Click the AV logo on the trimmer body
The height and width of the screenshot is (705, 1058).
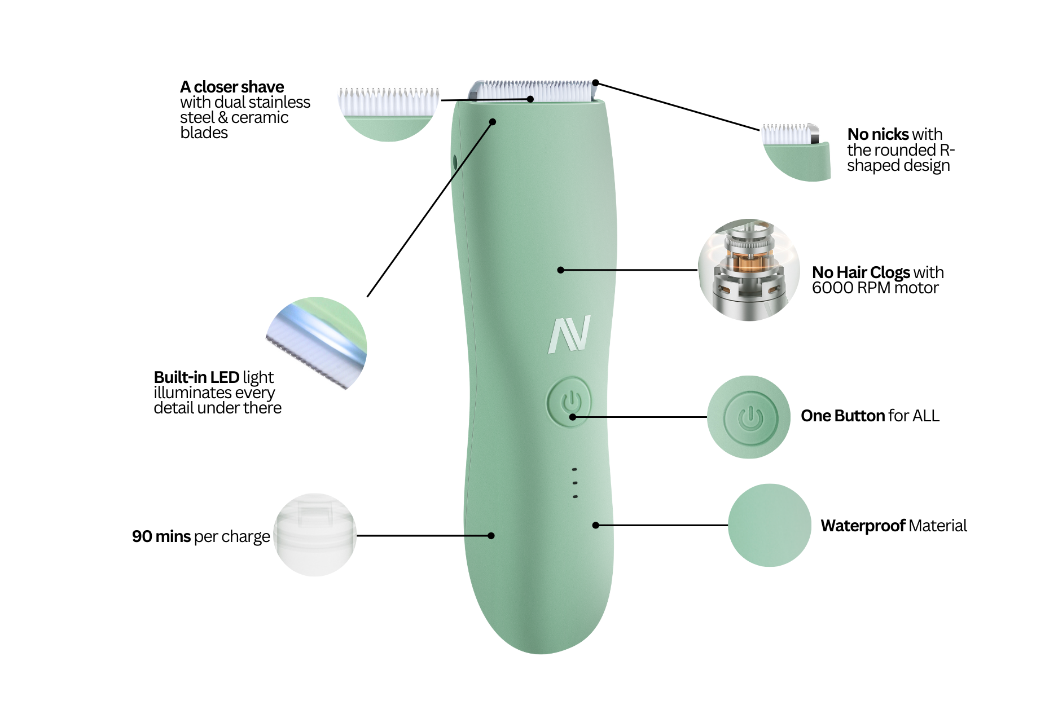(x=569, y=334)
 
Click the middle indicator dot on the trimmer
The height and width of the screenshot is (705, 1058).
(x=574, y=483)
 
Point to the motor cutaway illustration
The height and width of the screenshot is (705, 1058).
(x=748, y=271)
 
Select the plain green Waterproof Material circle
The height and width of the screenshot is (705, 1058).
(x=769, y=525)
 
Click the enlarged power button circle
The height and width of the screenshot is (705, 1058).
(x=749, y=417)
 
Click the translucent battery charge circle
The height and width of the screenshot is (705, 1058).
(x=315, y=535)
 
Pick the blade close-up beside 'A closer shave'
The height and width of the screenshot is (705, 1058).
(x=388, y=113)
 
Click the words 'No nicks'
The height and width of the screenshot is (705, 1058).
(x=878, y=134)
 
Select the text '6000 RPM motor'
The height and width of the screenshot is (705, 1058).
(x=875, y=288)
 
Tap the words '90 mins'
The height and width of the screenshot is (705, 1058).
(x=161, y=536)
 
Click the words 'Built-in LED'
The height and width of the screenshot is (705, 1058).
(x=196, y=377)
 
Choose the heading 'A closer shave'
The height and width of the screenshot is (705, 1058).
(x=232, y=87)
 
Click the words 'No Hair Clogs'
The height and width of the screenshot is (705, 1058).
(x=861, y=272)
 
